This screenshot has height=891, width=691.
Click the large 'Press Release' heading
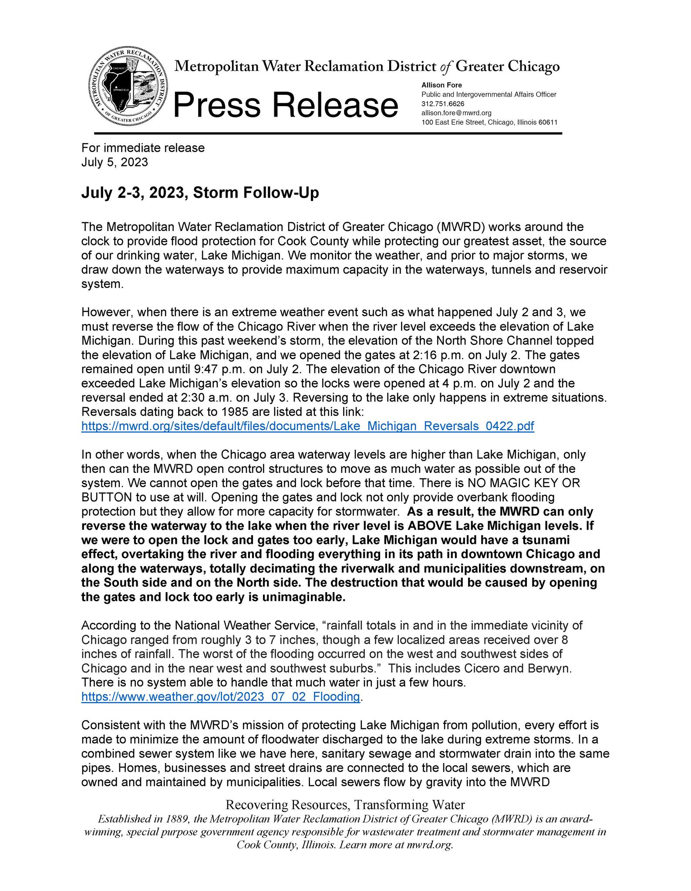285,105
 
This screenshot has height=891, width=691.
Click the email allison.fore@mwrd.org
456,113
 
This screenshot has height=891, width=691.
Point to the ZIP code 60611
548,122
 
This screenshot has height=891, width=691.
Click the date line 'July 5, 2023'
115,162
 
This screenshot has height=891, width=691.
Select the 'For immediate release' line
143,148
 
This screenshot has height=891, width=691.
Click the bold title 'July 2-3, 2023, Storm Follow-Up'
200,192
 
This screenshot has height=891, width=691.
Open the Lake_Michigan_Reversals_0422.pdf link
307,426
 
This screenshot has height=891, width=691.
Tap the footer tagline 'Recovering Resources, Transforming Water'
345,804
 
